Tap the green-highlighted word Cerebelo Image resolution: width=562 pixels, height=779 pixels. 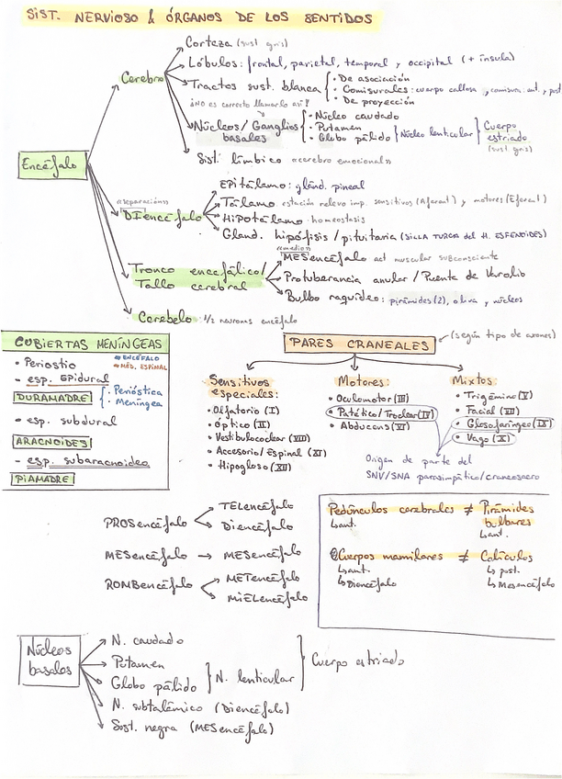point(166,318)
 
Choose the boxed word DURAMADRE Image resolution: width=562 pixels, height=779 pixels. point(53,398)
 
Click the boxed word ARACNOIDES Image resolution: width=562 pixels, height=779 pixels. point(51,442)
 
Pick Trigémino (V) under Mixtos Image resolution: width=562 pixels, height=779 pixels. point(492,396)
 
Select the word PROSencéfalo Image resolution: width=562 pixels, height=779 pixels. point(145,523)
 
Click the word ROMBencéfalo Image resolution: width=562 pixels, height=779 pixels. point(147,583)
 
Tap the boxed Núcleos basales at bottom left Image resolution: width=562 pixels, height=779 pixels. point(49,659)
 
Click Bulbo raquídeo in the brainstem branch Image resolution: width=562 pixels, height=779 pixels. point(332,298)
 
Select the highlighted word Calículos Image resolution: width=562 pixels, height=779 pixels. point(505,556)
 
